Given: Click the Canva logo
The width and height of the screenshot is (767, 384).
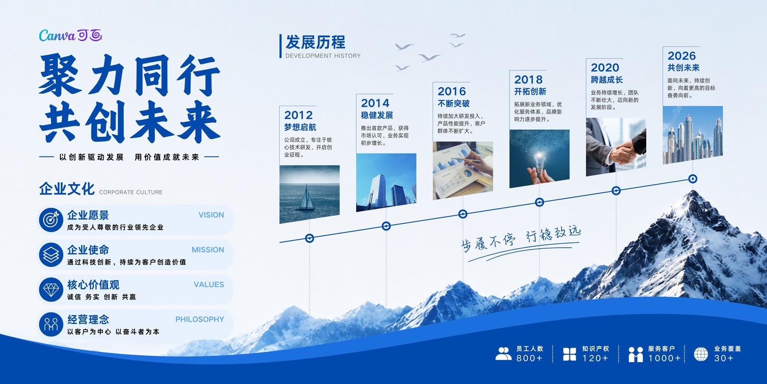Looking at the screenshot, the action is tap(70, 36).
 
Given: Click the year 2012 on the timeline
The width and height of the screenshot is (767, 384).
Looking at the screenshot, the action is tap(298, 115).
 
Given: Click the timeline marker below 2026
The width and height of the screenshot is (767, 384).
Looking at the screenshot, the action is tap(693, 179).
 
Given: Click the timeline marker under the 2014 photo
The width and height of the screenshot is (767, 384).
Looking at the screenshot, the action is tap(386, 226).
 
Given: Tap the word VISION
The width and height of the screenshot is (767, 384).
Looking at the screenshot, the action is tap(211, 215).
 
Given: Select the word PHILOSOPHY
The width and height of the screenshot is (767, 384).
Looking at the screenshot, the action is tap(199, 319).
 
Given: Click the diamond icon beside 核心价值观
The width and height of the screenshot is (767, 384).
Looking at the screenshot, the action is tap(51, 289).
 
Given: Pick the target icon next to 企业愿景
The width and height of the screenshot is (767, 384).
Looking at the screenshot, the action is tap(51, 220).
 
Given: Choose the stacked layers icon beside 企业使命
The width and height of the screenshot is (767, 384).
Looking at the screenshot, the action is tap(51, 255).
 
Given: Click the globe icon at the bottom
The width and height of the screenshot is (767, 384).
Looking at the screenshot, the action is tap(701, 354).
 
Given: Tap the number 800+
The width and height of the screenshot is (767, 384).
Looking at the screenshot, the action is tap(529, 358).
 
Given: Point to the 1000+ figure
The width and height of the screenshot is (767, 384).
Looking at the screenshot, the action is tap(664, 358).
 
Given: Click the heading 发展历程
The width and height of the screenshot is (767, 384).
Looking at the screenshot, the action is tap(315, 42).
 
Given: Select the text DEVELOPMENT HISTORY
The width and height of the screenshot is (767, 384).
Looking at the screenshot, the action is tap(323, 56).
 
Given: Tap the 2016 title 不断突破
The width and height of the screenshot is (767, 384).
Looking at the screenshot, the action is tap(453, 104).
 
